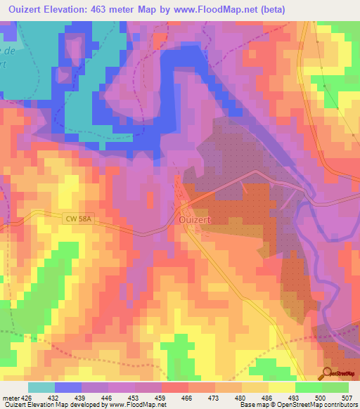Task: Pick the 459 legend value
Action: pyautogui.click(x=161, y=397)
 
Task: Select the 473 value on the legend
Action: pyautogui.click(x=214, y=397)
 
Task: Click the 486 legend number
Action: pyautogui.click(x=268, y=397)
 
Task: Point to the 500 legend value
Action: pyautogui.click(x=321, y=397)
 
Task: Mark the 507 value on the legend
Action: pyautogui.click(x=348, y=397)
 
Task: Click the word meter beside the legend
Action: pyautogui.click(x=10, y=397)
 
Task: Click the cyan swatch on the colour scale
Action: pyautogui.click(x=41, y=387)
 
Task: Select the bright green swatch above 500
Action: pyautogui.click(x=309, y=387)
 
